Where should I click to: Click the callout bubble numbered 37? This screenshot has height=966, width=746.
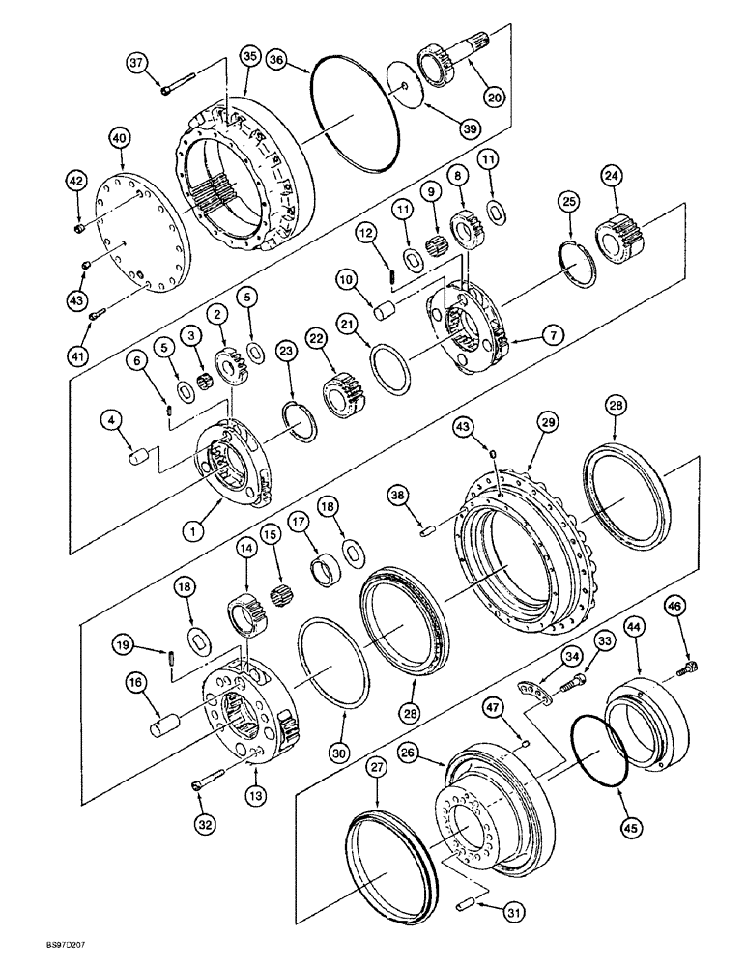click(138, 64)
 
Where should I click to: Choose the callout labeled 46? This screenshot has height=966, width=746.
click(674, 606)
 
